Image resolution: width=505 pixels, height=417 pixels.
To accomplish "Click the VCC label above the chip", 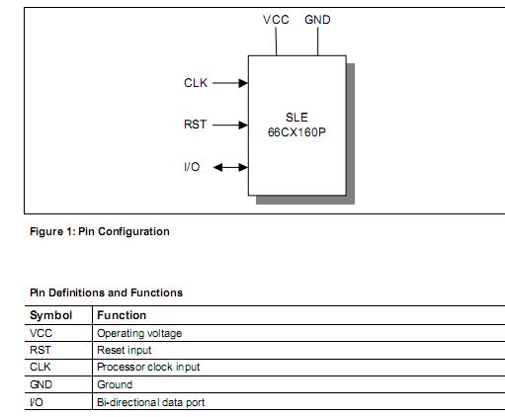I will tap(276, 20).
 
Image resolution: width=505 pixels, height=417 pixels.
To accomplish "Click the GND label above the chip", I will tap(317, 20).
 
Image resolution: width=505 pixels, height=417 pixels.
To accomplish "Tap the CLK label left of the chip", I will tap(196, 83).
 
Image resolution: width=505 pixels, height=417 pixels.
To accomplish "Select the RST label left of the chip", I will tap(196, 125).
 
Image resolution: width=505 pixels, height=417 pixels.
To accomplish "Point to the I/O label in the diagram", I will tap(192, 167).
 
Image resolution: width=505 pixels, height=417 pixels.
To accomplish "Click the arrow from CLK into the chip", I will tap(229, 83).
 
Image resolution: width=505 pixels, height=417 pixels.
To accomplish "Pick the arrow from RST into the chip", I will tap(229, 125).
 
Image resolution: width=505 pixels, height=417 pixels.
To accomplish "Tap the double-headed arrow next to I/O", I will tap(230, 167).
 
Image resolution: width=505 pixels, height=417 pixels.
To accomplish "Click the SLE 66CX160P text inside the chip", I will tap(296, 125).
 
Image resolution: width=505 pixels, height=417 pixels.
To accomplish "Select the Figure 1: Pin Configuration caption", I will tap(99, 232).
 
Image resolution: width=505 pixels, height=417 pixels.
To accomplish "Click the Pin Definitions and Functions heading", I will tap(106, 292).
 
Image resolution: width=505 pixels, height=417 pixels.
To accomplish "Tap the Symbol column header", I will tap(51, 316).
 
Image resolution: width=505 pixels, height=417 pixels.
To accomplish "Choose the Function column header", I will tap(122, 316).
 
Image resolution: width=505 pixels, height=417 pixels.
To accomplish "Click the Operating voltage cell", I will tap(139, 334).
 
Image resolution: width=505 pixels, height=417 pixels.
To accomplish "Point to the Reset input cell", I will tap(125, 351).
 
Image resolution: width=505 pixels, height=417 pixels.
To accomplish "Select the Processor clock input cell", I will tap(148, 368).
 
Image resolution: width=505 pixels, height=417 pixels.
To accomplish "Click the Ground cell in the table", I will tap(115, 384).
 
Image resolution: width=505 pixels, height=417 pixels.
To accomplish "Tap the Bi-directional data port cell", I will tap(150, 402).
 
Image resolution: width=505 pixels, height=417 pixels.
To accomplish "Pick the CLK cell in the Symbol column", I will tap(42, 368).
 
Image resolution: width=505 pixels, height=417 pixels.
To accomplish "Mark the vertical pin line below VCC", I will tap(276, 42).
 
